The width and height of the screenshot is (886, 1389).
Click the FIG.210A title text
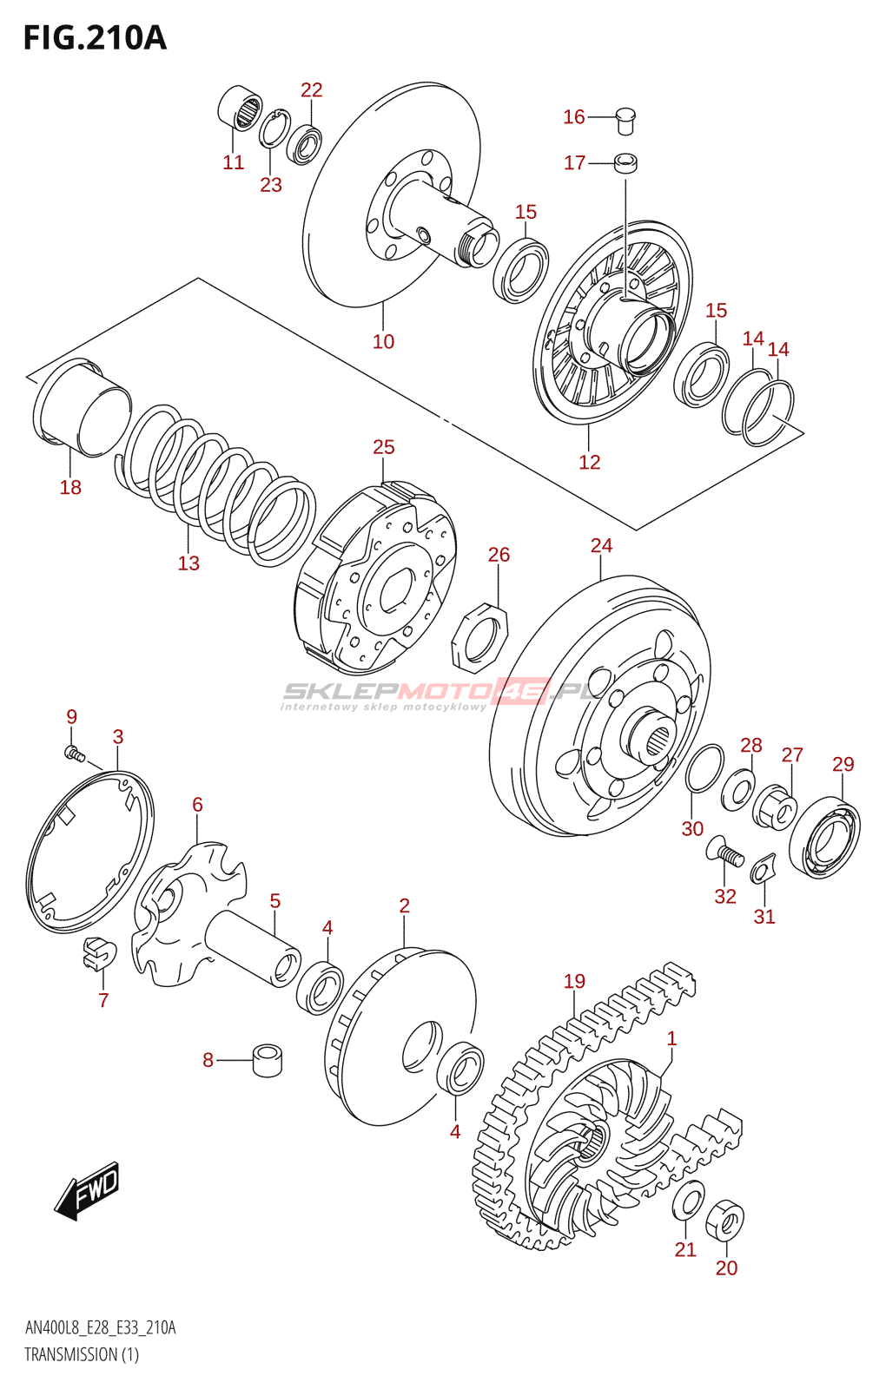tap(96, 38)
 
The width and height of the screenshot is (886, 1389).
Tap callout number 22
tap(312, 90)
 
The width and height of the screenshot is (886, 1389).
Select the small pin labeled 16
tap(625, 121)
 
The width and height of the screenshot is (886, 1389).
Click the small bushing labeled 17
tap(625, 164)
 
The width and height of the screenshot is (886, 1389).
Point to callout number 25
tap(383, 447)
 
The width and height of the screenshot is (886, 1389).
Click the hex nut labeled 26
tap(479, 638)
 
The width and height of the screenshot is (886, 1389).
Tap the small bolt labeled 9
tap(74, 754)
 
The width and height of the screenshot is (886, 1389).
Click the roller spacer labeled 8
tap(268, 1062)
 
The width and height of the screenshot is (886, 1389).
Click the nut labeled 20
tap(725, 1221)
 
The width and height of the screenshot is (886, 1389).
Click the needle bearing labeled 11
tap(240, 108)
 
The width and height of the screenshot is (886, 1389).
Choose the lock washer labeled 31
tap(763, 869)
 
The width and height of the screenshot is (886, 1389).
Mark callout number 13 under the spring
tap(188, 563)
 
